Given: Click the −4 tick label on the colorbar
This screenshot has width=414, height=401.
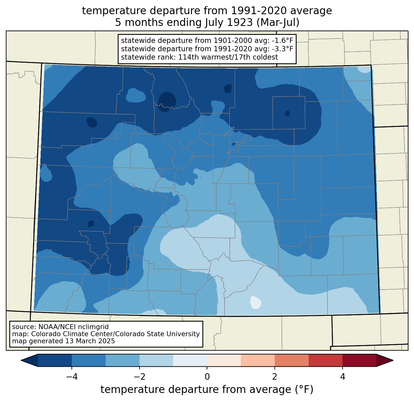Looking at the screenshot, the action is (x=72, y=377).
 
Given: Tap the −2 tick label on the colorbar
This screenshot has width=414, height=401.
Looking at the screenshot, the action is (x=140, y=377).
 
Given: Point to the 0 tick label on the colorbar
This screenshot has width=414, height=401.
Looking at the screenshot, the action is (x=207, y=377).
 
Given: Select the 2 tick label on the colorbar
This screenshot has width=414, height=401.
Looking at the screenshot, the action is (x=275, y=377).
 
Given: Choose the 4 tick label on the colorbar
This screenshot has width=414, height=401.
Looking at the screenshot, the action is (x=343, y=377).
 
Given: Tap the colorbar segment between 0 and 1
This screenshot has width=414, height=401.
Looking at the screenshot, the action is (x=224, y=361).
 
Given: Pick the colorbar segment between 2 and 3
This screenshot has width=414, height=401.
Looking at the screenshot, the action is (x=292, y=361).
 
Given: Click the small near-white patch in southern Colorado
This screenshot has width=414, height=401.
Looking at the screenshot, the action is (x=255, y=302).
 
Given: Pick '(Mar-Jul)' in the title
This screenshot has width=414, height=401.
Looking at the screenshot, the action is (x=278, y=23).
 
